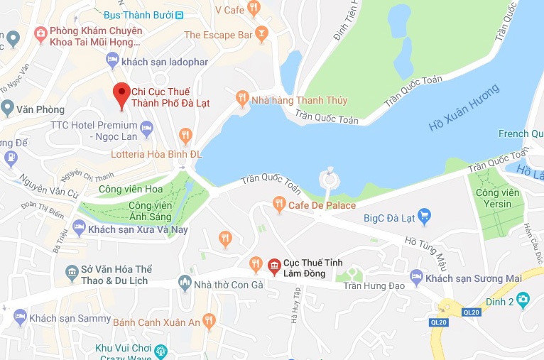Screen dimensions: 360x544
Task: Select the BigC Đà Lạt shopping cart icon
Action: point(425,215)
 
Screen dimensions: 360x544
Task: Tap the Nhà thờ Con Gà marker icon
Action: point(185,283)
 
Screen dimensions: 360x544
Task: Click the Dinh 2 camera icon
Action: point(523,298)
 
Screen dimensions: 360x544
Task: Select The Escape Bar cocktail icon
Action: point(262,34)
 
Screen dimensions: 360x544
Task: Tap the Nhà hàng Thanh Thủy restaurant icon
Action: point(242,99)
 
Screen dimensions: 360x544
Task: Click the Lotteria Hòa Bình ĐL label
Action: point(156,153)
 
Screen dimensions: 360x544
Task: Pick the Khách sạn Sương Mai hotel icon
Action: point(417,276)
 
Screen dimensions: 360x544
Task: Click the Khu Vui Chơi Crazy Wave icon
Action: point(161,350)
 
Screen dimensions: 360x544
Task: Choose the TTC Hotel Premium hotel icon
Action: point(147,129)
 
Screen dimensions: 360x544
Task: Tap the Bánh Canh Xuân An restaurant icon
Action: point(209,320)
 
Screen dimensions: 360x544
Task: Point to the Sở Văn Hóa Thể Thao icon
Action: point(71,271)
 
